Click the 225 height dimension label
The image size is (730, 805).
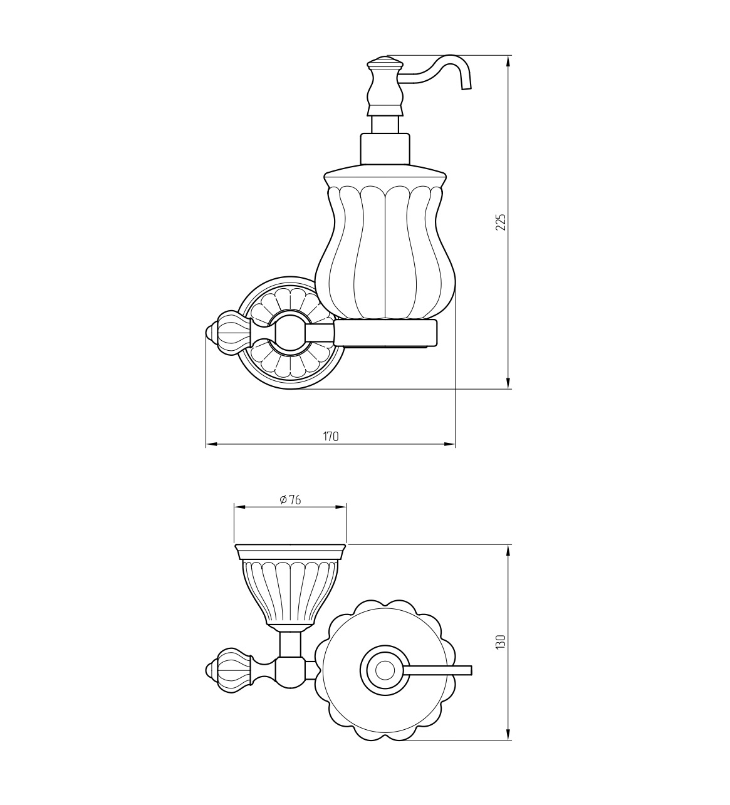(501, 222)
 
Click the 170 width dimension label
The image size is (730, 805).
(331, 437)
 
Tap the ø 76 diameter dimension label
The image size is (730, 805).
(290, 500)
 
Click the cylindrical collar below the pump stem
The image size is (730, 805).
(385, 148)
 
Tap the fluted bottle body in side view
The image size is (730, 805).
(385, 247)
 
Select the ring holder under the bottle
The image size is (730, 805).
(385, 333)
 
